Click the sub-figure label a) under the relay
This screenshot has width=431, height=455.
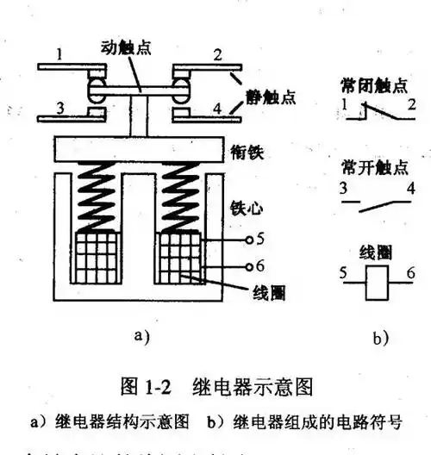143,337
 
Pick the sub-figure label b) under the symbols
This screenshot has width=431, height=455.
380,337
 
